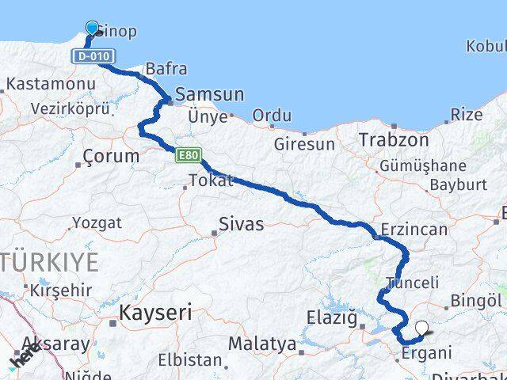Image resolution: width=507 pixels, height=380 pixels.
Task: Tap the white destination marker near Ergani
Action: [x=421, y=327]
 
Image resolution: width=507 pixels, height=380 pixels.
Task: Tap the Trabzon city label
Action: [x=394, y=140]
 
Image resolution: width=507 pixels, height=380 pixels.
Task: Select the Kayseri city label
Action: [x=155, y=313]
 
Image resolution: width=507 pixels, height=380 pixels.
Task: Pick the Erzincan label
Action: [x=414, y=230]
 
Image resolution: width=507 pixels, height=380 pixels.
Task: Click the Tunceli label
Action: [x=412, y=283]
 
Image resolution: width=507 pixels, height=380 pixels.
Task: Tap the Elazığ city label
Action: [x=332, y=318]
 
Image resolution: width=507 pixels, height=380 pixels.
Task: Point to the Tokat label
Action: [x=212, y=180]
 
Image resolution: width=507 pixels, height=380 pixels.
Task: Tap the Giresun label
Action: [x=304, y=144]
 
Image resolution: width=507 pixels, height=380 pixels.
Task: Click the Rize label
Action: [x=466, y=115]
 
